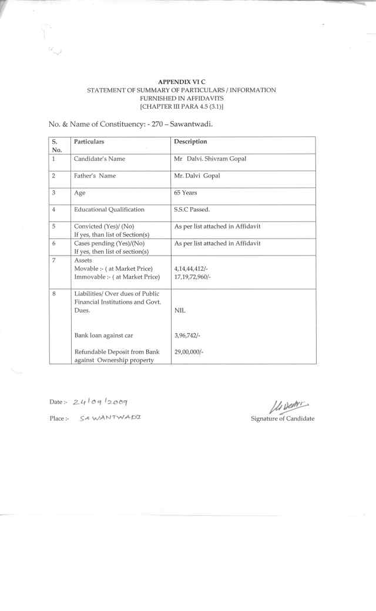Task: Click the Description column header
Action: click(191, 142)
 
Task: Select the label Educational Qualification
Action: click(109, 210)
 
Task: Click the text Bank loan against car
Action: click(103, 335)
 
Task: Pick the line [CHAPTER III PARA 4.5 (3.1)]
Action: click(181, 107)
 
